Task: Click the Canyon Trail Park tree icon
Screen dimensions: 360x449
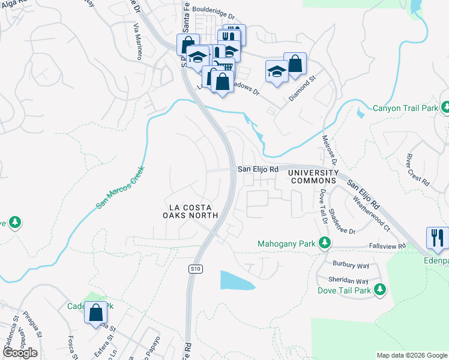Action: point(445,107)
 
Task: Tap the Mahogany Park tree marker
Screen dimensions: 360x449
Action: point(325,243)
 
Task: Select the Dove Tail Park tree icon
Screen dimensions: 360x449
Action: point(379,290)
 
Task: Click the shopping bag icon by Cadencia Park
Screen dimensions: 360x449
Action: point(95,313)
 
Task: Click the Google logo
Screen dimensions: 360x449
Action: point(19,353)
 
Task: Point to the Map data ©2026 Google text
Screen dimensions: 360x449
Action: point(411,355)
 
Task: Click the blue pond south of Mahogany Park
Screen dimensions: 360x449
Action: point(235,281)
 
